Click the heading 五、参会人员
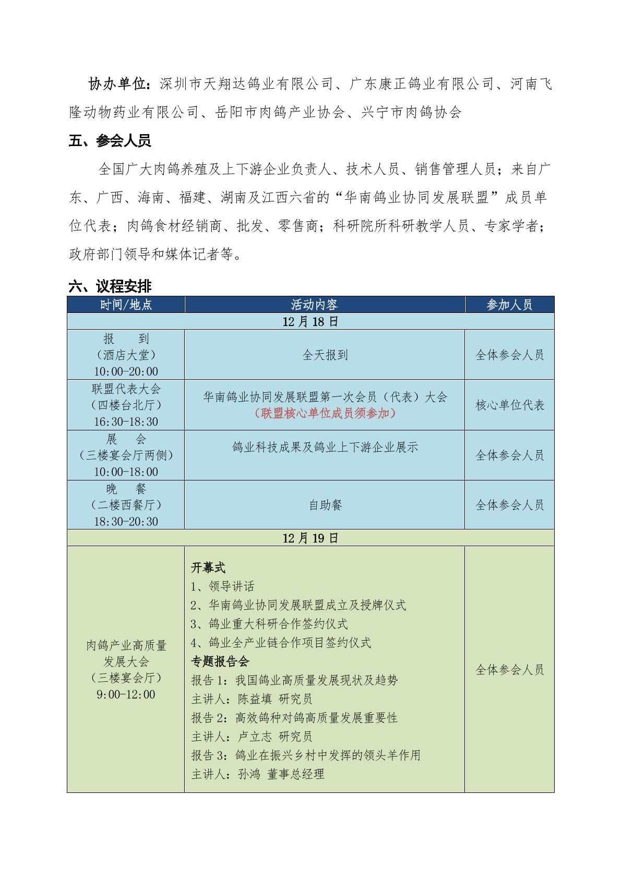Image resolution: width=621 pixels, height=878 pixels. pyautogui.click(x=110, y=141)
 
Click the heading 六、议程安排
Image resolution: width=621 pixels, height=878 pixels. pyautogui.click(x=110, y=286)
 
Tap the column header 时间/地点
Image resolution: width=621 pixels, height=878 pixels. pyautogui.click(x=126, y=305)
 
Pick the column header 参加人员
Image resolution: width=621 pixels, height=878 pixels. pyautogui.click(x=509, y=305)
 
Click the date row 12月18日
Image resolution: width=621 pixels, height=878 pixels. pyautogui.click(x=310, y=321)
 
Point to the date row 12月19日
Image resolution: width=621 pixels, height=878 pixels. pyautogui.click(x=310, y=538)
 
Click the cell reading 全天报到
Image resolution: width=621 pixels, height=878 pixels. pyautogui.click(x=325, y=355)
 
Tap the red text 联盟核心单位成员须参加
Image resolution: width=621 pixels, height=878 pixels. pyautogui.click(x=325, y=413)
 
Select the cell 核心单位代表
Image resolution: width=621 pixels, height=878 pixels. pyautogui.click(x=509, y=405)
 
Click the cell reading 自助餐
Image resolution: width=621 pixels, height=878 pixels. pyautogui.click(x=325, y=505)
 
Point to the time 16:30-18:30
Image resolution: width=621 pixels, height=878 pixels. pyautogui.click(x=126, y=422)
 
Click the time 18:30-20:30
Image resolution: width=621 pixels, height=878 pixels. pyautogui.click(x=126, y=521)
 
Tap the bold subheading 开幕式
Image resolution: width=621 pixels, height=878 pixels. pyautogui.click(x=208, y=568)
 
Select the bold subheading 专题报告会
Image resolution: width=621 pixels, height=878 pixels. pyautogui.click(x=220, y=661)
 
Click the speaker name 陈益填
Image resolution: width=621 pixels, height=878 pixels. pyautogui.click(x=255, y=699)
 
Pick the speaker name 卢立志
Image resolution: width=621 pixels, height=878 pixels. pyautogui.click(x=255, y=737)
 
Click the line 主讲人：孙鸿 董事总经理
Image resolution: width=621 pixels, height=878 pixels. pyautogui.click(x=258, y=774)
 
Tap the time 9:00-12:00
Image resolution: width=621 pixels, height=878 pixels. pyautogui.click(x=126, y=694)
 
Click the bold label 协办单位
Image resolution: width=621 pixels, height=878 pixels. pyautogui.click(x=119, y=84)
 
